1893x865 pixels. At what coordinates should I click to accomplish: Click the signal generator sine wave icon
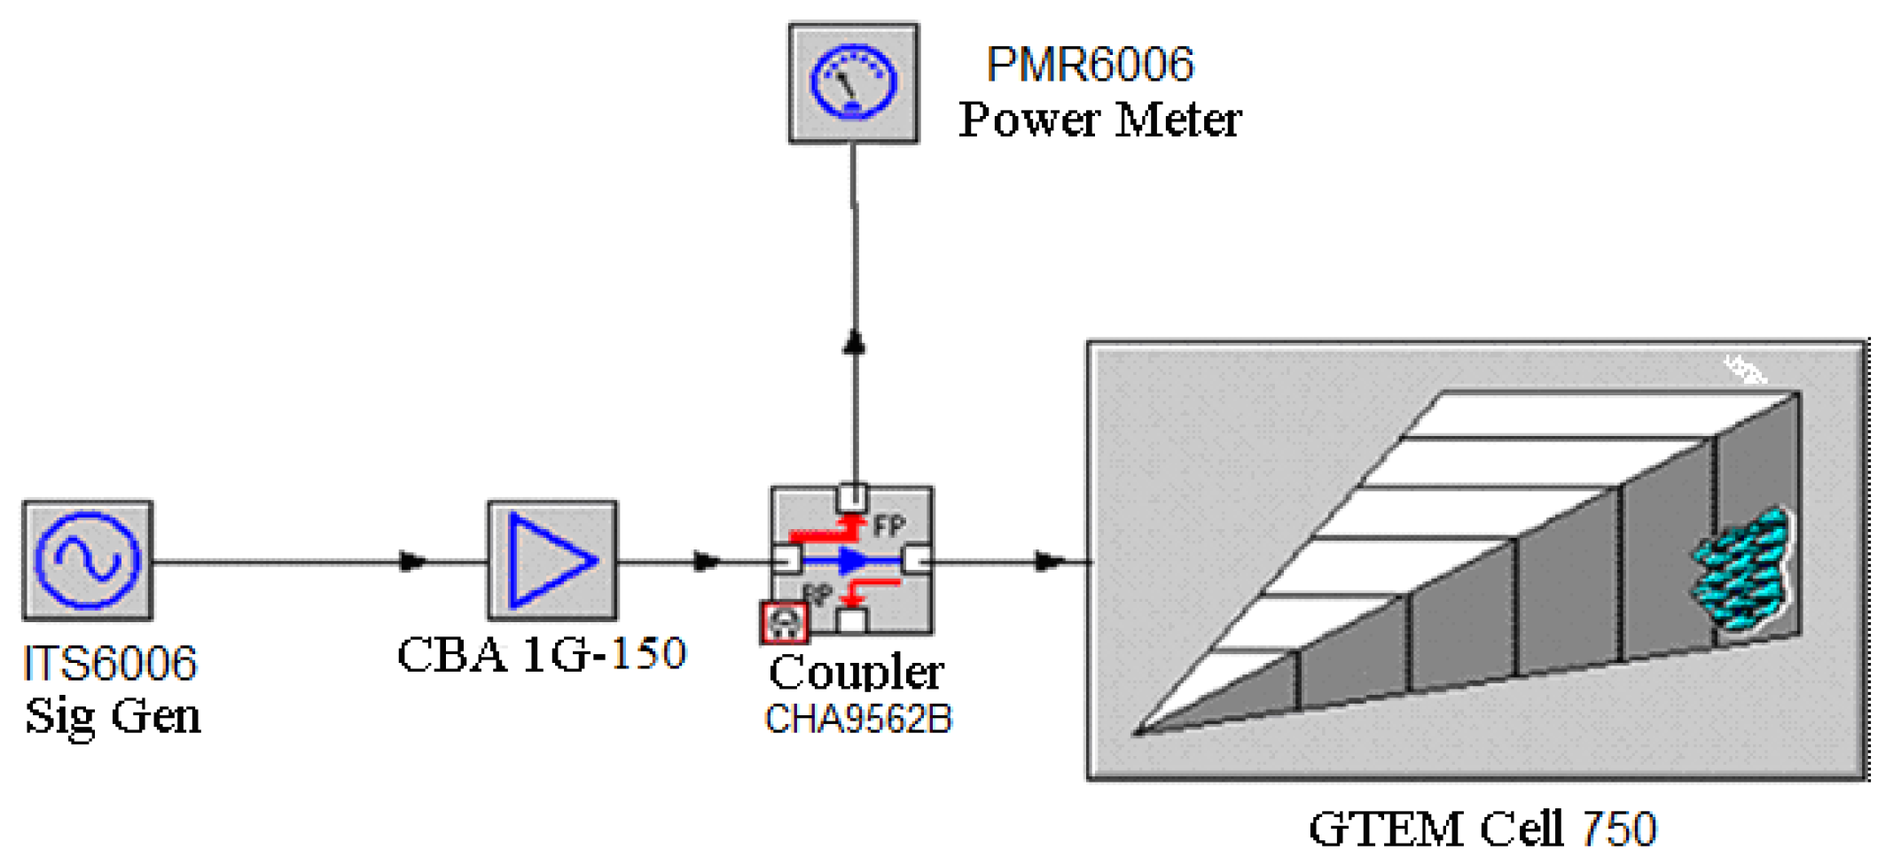point(87,560)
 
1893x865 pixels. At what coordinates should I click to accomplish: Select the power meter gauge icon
point(853,83)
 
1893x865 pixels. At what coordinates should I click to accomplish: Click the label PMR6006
point(1090,65)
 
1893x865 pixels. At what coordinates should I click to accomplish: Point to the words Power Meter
point(1099,120)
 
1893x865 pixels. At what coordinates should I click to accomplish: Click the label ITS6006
point(110,664)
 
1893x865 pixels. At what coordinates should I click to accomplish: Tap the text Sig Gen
point(113,716)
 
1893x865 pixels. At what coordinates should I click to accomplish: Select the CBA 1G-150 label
point(541,655)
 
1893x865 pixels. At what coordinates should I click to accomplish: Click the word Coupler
point(856,673)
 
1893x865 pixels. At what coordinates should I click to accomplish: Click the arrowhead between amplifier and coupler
point(707,561)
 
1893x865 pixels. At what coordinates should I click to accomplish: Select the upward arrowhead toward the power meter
point(854,342)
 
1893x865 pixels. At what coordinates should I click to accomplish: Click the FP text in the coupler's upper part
point(888,526)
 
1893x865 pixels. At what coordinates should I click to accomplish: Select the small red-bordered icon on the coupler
point(784,622)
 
